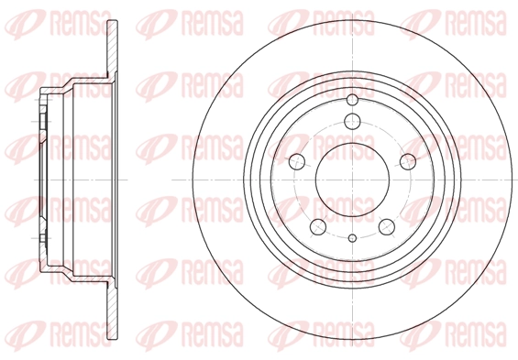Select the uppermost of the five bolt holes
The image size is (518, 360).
point(352,121)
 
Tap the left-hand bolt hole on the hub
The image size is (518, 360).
point(297,162)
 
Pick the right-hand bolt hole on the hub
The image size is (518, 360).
point(408,162)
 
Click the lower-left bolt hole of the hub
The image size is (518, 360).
point(318,227)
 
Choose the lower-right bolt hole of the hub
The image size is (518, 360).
point(387,227)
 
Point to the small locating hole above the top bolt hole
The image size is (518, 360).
point(352,100)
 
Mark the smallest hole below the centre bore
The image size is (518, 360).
point(352,237)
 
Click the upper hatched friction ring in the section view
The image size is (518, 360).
point(113,49)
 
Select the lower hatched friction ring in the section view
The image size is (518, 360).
point(113,311)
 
